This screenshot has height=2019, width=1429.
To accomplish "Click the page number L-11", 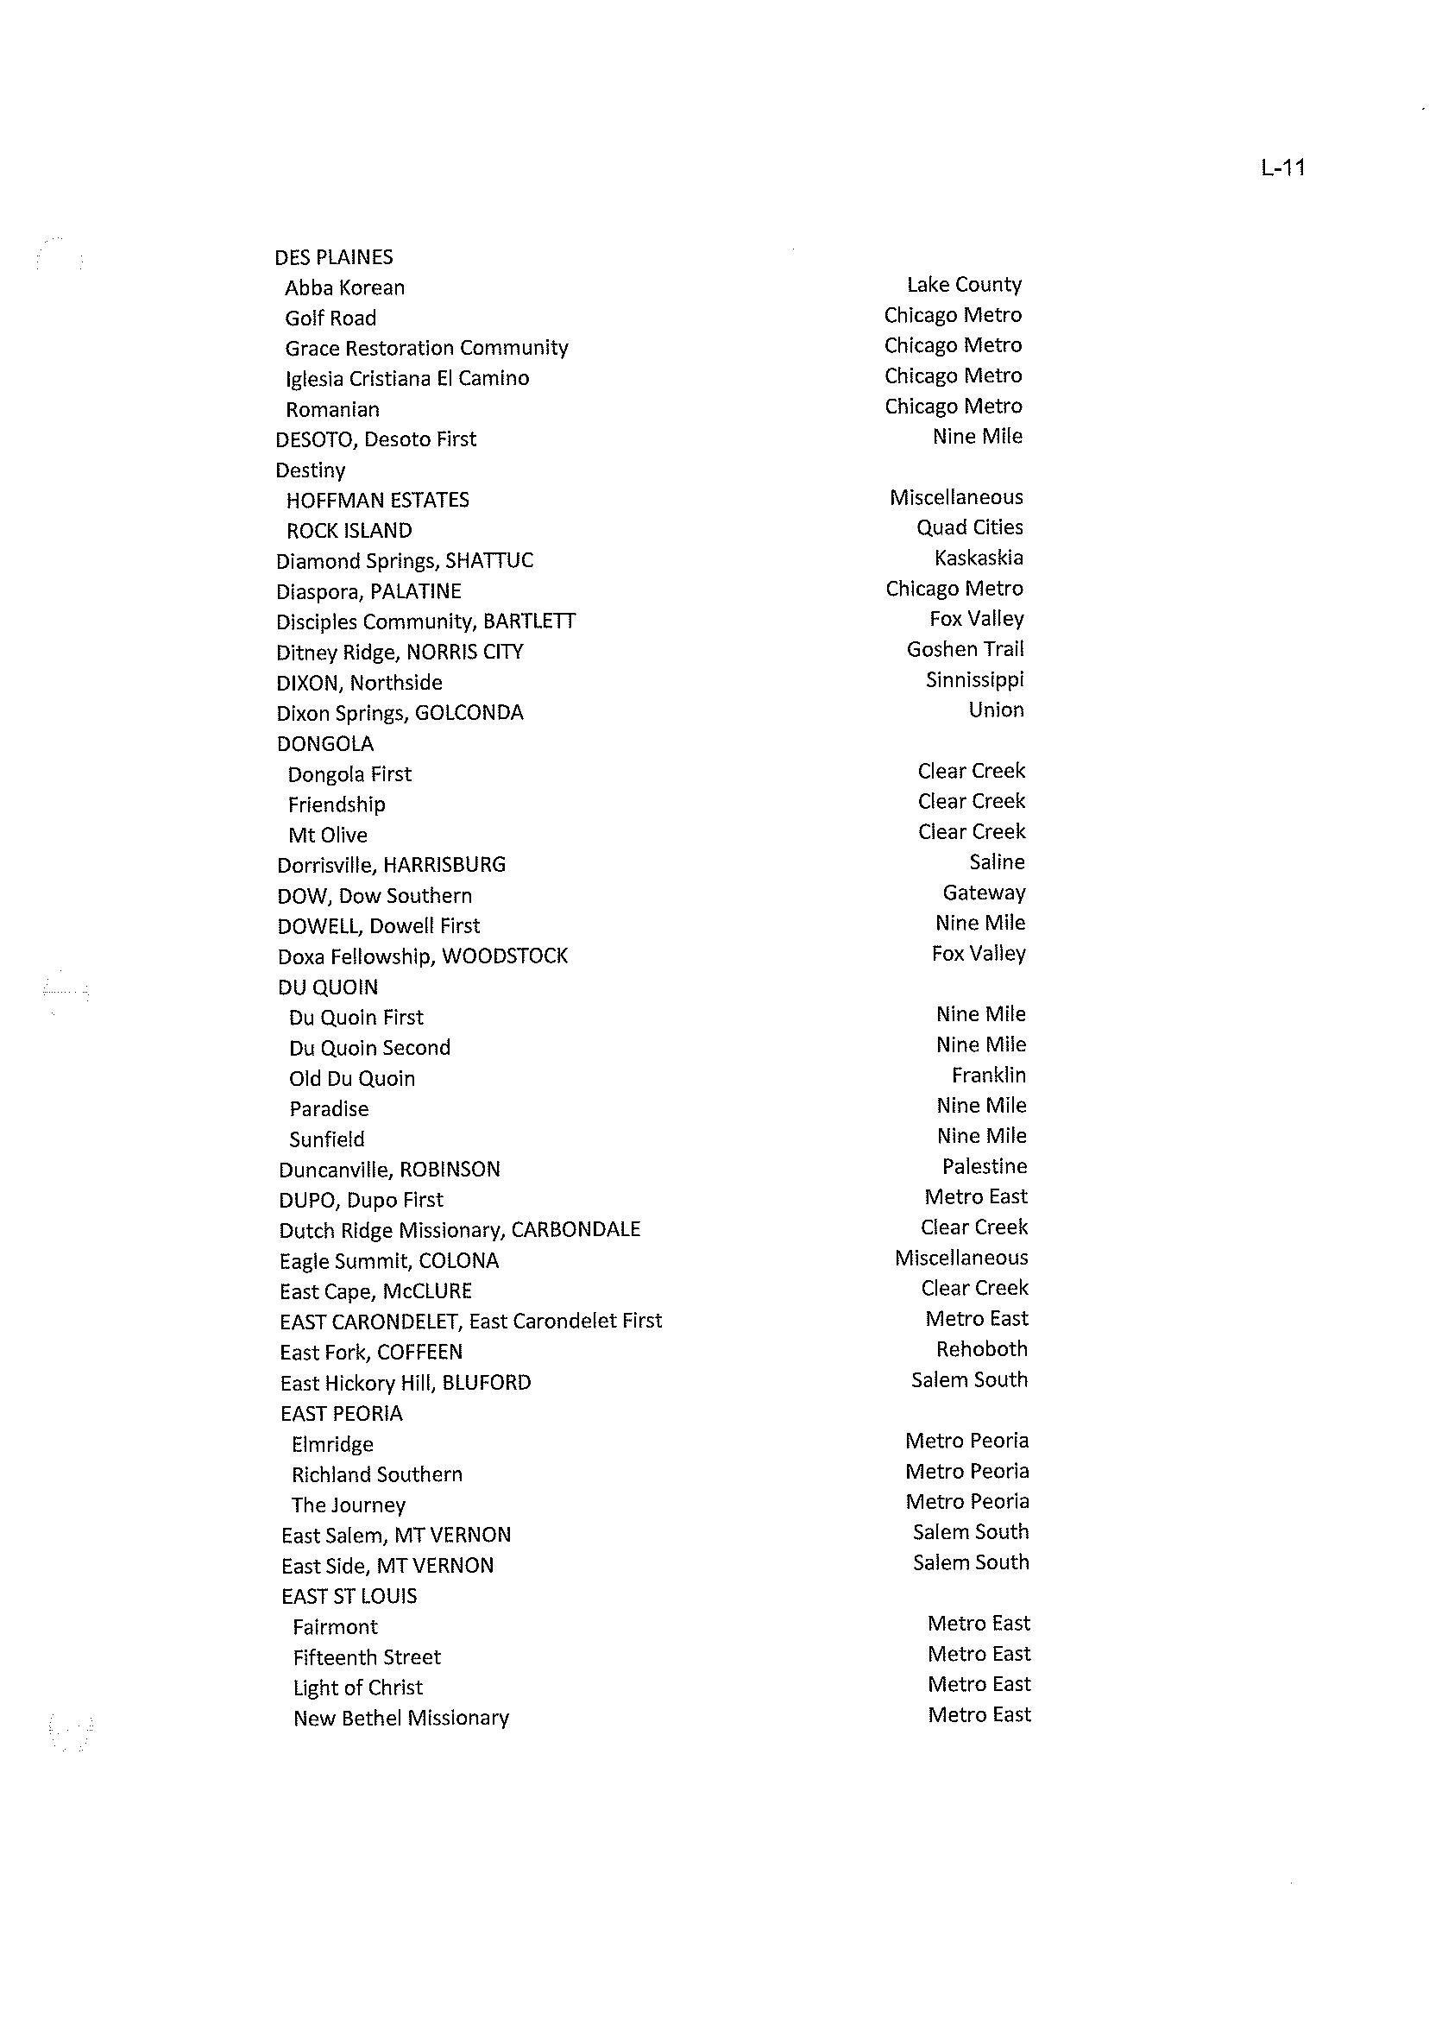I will [x=1282, y=167].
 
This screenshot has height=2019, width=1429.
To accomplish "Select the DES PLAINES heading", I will [x=333, y=257].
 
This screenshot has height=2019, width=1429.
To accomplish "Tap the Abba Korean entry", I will [x=344, y=287].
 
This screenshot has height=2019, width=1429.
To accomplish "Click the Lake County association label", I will [x=964, y=284].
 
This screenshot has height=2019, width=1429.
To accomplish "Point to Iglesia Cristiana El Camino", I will [x=406, y=378].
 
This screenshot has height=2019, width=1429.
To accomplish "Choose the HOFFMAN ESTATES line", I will [x=377, y=500].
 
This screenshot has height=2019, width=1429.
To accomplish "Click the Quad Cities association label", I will [x=969, y=527].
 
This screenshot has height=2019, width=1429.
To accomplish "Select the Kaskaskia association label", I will [x=979, y=558].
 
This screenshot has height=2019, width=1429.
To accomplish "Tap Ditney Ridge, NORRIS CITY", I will [x=400, y=653].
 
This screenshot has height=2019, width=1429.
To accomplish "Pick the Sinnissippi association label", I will [x=974, y=679].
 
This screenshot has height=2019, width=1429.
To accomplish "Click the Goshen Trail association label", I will [x=965, y=648].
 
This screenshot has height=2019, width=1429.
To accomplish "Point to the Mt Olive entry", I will [x=327, y=835].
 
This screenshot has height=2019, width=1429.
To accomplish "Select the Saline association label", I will [x=996, y=861].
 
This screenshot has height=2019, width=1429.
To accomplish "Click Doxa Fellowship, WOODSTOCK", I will [x=422, y=956].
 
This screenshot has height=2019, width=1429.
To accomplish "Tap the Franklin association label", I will [x=988, y=1075].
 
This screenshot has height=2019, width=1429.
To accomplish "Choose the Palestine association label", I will [x=984, y=1166].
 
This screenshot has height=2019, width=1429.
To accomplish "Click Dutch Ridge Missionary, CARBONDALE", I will [x=459, y=1229].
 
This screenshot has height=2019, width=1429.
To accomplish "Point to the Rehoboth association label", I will [x=981, y=1348].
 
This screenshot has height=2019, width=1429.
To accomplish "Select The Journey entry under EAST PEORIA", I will [x=348, y=1505].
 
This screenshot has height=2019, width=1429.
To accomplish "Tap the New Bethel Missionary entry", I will [x=400, y=1718].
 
